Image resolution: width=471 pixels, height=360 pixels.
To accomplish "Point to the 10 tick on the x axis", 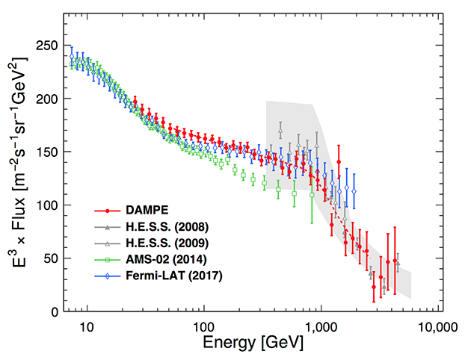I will click(87, 327).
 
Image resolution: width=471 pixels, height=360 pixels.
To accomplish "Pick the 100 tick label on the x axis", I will click(203, 327).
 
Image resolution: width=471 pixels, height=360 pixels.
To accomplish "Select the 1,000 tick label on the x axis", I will click(320, 327).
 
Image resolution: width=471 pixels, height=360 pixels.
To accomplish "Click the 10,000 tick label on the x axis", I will click(436, 327).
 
